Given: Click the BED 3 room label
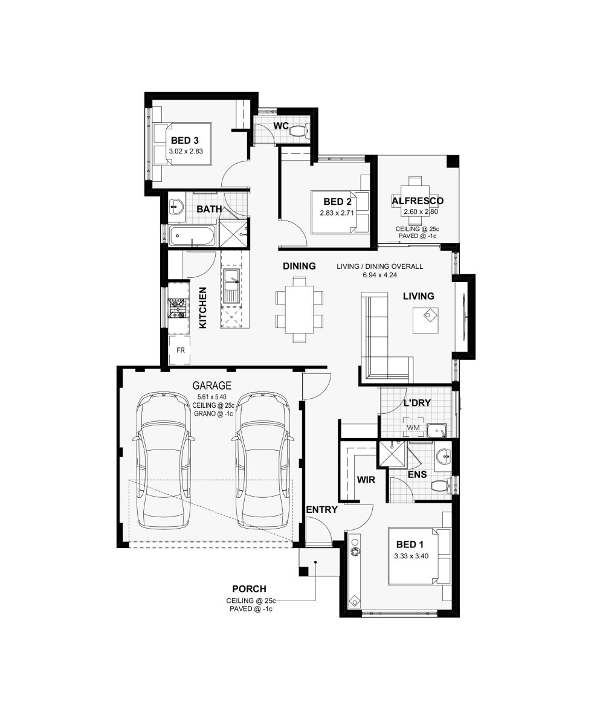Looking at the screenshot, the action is click(185, 140).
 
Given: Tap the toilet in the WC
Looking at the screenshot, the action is click(299, 131).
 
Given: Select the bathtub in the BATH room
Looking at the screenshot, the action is click(192, 236).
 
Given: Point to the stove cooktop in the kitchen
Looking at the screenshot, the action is click(178, 308).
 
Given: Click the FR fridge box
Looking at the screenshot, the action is click(180, 350).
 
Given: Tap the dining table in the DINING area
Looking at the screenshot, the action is click(299, 309).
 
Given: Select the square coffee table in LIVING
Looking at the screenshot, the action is click(426, 320).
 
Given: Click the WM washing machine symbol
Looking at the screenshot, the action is click(413, 428).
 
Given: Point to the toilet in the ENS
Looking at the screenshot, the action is click(441, 486).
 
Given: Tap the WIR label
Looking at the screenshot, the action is click(366, 480).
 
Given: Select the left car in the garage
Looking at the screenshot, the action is click(164, 462).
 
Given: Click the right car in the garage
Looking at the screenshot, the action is click(262, 462).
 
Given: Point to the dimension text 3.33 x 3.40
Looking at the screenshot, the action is click(411, 556).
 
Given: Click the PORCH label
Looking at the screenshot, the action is click(249, 589).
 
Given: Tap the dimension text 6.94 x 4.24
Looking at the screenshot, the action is click(379, 275).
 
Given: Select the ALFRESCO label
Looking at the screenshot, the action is click(418, 201).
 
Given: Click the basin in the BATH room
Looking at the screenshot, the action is click(177, 207).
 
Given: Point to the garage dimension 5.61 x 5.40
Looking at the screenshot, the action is click(211, 397).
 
